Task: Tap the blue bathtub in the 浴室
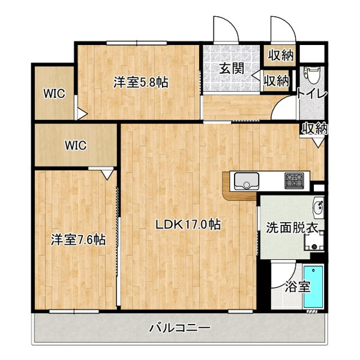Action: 313,287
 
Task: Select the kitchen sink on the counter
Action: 247,181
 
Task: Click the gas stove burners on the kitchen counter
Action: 294,181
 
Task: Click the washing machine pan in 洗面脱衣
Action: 314,242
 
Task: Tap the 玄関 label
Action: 231,68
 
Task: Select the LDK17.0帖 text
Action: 188,224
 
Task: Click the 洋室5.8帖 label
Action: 141,83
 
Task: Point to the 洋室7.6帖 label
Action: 78,239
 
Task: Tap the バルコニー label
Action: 180,328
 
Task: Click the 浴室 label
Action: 298,287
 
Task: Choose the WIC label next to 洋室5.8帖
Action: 55,94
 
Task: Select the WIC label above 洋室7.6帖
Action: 76,145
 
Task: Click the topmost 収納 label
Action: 281,55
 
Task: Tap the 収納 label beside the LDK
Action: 314,128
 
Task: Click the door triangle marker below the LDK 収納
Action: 318,143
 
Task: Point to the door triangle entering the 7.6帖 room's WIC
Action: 107,175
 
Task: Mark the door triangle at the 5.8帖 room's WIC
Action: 82,114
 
